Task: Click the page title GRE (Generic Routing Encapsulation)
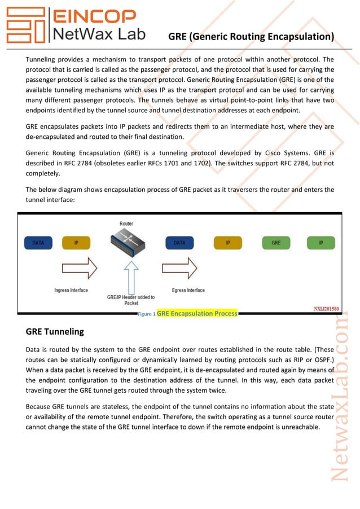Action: point(251,37)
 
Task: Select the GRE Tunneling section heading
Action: point(55,331)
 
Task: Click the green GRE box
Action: point(276,243)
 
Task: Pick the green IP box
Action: point(321,243)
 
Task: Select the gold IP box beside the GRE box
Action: point(228,243)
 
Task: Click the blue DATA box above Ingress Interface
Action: point(38,243)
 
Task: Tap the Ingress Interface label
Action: point(71,291)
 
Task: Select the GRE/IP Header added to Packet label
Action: point(131,300)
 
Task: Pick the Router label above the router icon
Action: point(126,223)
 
